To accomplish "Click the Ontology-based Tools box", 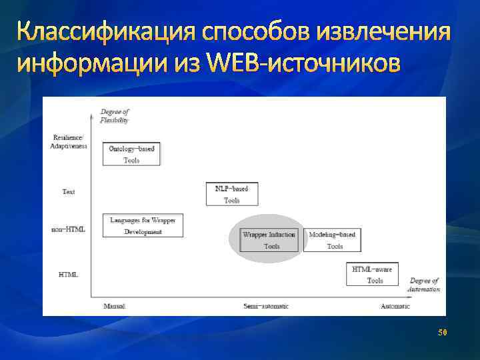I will (x=132, y=154).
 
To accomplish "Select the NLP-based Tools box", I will (x=231, y=194).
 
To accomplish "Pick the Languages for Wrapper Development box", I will (x=143, y=225).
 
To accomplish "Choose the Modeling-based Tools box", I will (x=332, y=240).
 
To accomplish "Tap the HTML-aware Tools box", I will (x=372, y=274).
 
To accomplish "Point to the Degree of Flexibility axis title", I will (x=114, y=116).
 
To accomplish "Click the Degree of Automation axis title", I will (x=424, y=285).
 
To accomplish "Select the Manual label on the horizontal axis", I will (x=114, y=306).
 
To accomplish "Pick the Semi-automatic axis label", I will (x=266, y=306).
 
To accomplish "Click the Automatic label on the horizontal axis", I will (x=395, y=306).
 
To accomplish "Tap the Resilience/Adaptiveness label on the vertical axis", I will (x=69, y=142).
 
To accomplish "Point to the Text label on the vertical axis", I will (x=69, y=192).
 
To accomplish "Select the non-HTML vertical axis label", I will (x=69, y=229).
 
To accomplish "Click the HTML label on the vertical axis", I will (x=69, y=274).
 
